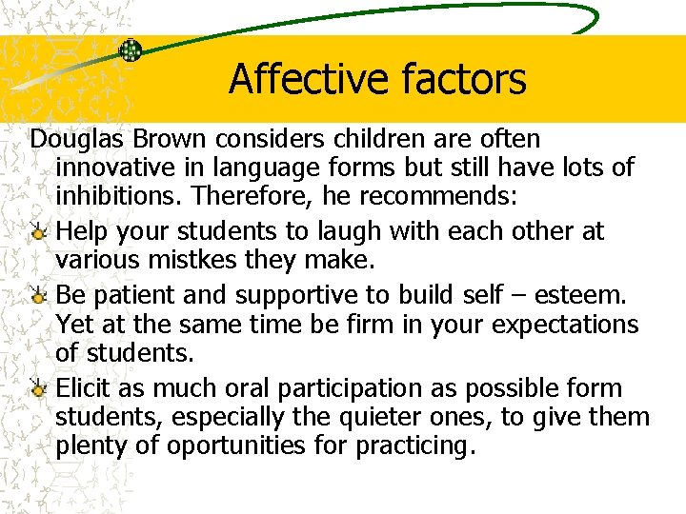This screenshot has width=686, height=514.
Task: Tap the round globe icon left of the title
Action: pos(130,50)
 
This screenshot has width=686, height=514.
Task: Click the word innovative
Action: pos(114,168)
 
